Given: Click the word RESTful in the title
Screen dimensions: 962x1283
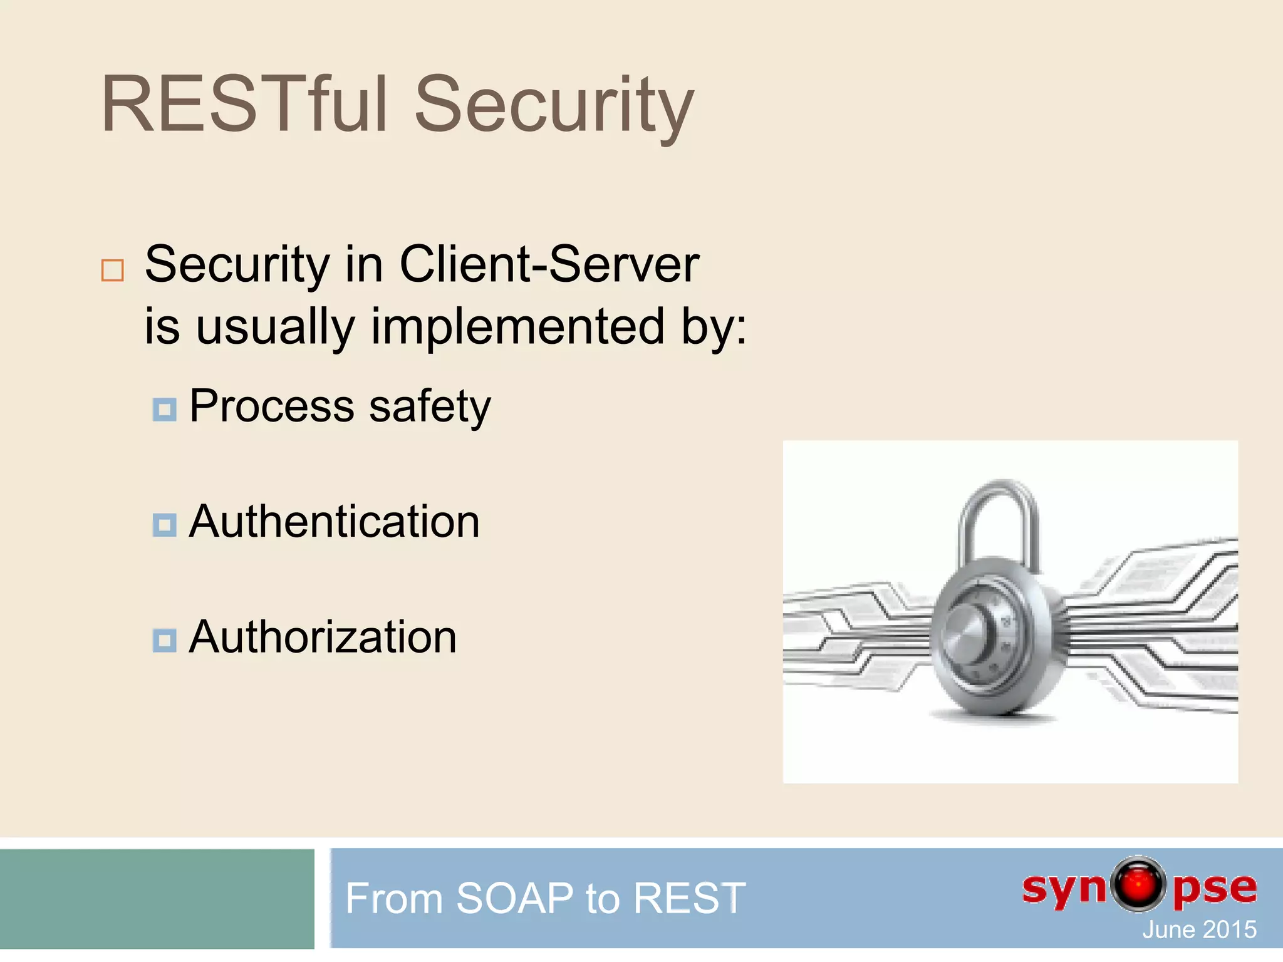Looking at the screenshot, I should [244, 105].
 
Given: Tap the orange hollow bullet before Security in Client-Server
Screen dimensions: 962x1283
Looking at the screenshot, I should [113, 270].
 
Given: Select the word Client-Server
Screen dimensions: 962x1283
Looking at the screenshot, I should [549, 265].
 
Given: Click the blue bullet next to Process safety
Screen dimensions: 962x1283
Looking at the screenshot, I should [164, 410].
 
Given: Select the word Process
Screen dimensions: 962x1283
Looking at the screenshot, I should [272, 407].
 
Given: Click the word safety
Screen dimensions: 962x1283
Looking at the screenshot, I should [430, 407].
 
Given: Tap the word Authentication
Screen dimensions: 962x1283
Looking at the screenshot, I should [334, 522].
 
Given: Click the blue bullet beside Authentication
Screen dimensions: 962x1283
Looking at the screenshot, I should [164, 525].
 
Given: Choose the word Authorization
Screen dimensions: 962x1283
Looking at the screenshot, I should [323, 637].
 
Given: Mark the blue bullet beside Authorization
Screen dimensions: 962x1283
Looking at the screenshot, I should [164, 640].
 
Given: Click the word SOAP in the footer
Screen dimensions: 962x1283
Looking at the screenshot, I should [514, 898].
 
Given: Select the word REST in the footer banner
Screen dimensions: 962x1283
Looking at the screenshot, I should [689, 898].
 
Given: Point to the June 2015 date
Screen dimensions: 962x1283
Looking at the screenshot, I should [1199, 929].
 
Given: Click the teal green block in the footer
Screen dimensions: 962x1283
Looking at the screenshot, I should [157, 898].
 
